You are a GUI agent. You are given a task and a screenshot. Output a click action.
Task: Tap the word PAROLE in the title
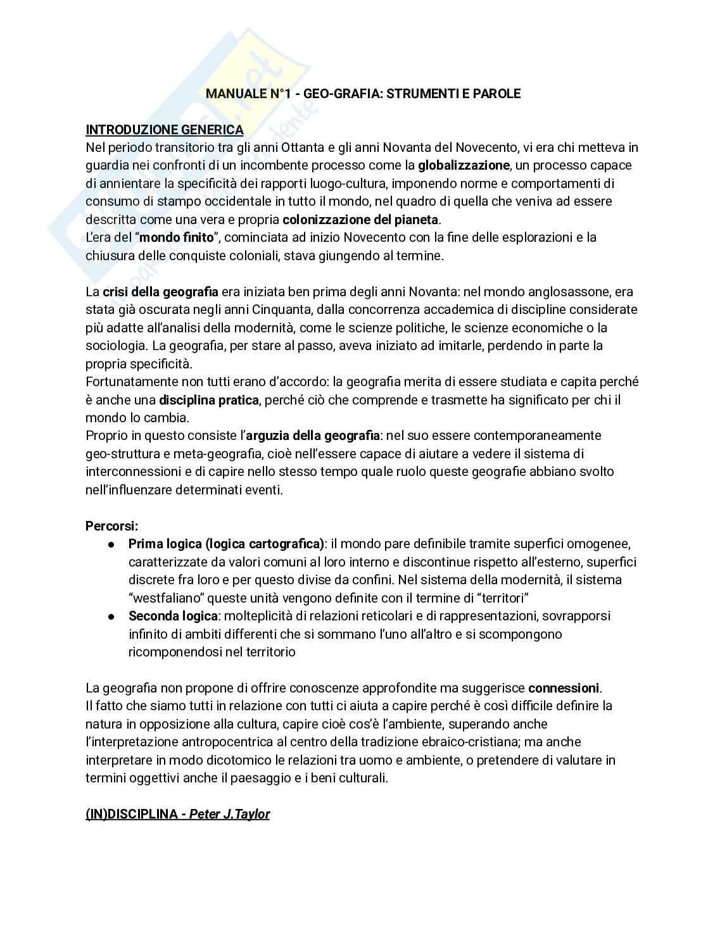[496, 94]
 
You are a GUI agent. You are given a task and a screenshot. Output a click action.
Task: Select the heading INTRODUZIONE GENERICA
[164, 130]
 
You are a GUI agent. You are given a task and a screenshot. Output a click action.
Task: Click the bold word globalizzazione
[464, 166]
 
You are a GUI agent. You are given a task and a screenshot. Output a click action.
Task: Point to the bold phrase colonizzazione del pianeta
[360, 220]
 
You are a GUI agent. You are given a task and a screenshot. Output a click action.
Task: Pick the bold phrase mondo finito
[177, 238]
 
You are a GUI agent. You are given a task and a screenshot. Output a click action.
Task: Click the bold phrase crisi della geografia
[160, 292]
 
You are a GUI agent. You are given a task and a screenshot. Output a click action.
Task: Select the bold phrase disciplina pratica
[209, 400]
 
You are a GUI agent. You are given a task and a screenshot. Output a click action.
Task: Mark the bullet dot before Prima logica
[111, 544]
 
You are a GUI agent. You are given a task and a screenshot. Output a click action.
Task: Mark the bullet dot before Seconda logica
[111, 616]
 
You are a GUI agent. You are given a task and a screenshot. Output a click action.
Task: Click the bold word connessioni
[564, 687]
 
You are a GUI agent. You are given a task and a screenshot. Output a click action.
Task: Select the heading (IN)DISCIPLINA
[131, 814]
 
